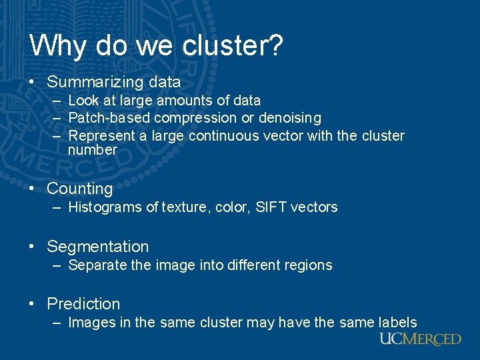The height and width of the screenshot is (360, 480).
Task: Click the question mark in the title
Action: coord(276,45)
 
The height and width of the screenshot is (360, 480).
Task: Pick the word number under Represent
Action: coord(93,150)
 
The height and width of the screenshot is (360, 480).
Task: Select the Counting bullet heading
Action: coord(80,189)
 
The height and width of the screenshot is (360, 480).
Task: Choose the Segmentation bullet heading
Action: coord(98,247)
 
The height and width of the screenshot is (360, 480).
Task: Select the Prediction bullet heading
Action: coord(83,304)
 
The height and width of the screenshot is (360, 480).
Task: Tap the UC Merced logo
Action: coord(420,339)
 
